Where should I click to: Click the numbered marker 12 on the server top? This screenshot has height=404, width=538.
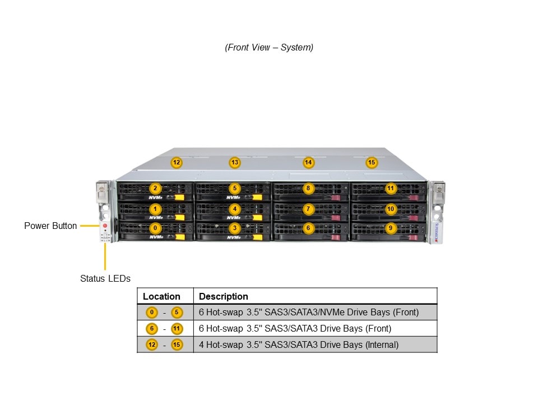[x=177, y=163]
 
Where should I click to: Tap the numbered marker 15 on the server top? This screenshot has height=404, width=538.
[x=372, y=163]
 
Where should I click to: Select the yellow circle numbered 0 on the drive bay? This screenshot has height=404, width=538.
[x=155, y=228]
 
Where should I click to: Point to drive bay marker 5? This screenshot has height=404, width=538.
[x=235, y=189]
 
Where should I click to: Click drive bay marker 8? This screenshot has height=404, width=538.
[x=307, y=189]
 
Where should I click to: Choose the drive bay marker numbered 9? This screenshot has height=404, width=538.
[x=390, y=228]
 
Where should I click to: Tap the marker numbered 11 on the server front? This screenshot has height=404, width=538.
[x=390, y=189]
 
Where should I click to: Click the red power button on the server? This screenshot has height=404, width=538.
[x=105, y=226]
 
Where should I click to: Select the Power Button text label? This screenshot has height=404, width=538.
[x=50, y=226]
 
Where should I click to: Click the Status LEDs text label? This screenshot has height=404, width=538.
[x=105, y=278]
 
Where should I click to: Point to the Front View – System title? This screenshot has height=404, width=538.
[x=269, y=48]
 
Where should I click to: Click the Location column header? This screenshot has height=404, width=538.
[x=161, y=296]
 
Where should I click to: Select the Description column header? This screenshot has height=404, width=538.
[x=224, y=296]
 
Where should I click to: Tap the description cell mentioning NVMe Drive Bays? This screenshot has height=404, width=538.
[x=309, y=313]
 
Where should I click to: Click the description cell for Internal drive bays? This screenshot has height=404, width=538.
[x=299, y=345]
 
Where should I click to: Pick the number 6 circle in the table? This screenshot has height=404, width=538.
[x=151, y=329]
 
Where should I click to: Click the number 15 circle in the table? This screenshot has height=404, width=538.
[x=177, y=345]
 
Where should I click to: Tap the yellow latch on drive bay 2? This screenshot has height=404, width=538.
[x=179, y=198]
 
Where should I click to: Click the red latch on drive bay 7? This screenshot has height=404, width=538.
[x=336, y=218]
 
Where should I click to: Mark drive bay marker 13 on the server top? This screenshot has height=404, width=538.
[x=235, y=163]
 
